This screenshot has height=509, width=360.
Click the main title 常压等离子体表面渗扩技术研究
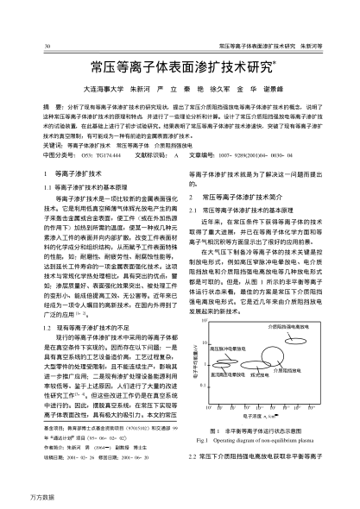179,66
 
